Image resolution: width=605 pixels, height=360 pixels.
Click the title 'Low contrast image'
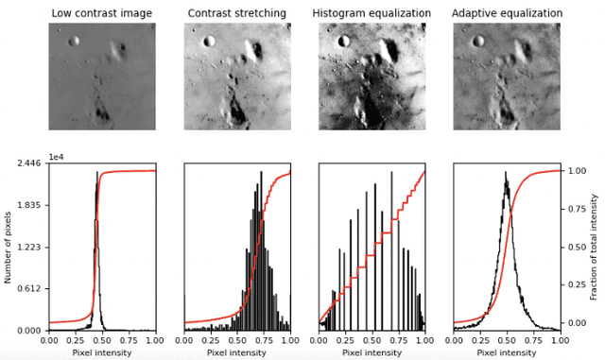click(x=102, y=12)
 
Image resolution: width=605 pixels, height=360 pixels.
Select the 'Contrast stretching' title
click(x=236, y=12)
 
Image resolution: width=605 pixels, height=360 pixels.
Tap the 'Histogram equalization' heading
click(x=372, y=12)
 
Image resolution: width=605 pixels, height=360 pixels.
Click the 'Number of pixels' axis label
click(x=9, y=247)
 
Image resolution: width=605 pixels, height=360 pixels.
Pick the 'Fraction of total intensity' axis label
click(x=595, y=247)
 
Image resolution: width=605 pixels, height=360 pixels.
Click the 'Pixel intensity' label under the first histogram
click(x=102, y=353)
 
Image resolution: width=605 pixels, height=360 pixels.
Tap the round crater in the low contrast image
click(x=75, y=41)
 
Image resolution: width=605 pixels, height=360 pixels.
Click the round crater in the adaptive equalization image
click(x=479, y=41)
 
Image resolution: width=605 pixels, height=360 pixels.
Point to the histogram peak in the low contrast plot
click(x=97, y=173)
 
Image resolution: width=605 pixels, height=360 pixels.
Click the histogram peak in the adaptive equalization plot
click(x=506, y=173)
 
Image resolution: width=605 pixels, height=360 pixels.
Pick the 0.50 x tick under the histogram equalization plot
click(x=372, y=339)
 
